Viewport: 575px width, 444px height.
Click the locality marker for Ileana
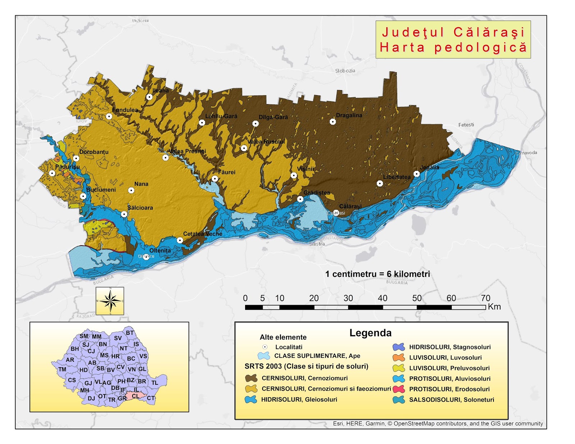[149, 97]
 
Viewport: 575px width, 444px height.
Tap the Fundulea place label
[125, 110]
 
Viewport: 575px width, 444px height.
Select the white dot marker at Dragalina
[333, 122]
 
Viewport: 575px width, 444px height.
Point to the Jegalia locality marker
[417, 174]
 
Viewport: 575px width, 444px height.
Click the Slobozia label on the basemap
[345, 71]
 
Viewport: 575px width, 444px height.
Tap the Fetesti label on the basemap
[466, 125]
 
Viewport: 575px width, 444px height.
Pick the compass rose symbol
[110, 301]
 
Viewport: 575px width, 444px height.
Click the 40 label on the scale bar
[382, 298]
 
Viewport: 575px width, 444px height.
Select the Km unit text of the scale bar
[494, 307]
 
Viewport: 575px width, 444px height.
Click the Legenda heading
[371, 333]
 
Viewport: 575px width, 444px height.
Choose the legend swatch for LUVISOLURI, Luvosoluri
[399, 357]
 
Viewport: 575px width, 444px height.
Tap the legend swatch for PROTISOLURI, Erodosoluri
[399, 389]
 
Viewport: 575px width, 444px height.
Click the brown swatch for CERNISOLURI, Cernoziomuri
[251, 378]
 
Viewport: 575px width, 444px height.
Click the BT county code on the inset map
[130, 333]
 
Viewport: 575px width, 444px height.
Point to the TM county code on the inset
[62, 369]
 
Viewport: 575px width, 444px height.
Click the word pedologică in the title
[480, 47]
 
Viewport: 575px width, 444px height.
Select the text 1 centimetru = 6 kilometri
[377, 274]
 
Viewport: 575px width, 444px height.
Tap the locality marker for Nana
[131, 190]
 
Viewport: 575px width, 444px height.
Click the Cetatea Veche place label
[203, 234]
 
